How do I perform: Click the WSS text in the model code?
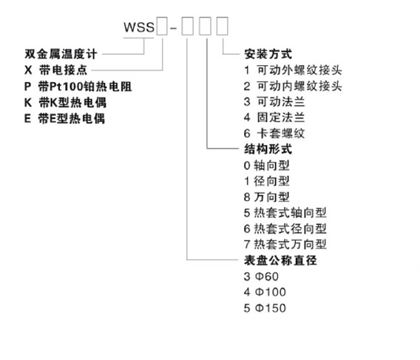pyautogui.click(x=139, y=27)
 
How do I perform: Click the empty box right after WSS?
pyautogui.click(x=162, y=26)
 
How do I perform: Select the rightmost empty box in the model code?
pyautogui.click(x=223, y=26)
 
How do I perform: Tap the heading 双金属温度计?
pyautogui.click(x=61, y=54)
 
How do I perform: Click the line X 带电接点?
pyautogui.click(x=55, y=70)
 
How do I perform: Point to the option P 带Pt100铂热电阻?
pyautogui.click(x=78, y=86)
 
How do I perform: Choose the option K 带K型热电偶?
pyautogui.click(x=65, y=103)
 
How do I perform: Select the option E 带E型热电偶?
pyautogui.click(x=64, y=119)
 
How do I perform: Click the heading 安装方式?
pyautogui.click(x=268, y=54)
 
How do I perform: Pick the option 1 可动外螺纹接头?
pyautogui.click(x=293, y=70)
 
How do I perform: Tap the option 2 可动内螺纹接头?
pyautogui.click(x=293, y=86)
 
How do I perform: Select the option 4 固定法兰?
pyautogui.click(x=274, y=118)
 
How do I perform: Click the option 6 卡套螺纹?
pyautogui.click(x=274, y=133)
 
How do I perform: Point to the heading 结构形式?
pyautogui.click(x=268, y=149)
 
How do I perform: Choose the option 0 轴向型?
pyautogui.click(x=267, y=166)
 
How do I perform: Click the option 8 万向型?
pyautogui.click(x=267, y=197)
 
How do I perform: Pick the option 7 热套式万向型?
pyautogui.click(x=285, y=244)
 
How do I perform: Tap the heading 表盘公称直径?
pyautogui.click(x=280, y=260)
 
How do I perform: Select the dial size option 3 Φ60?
pyautogui.click(x=261, y=276)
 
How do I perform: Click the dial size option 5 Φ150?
pyautogui.click(x=265, y=308)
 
